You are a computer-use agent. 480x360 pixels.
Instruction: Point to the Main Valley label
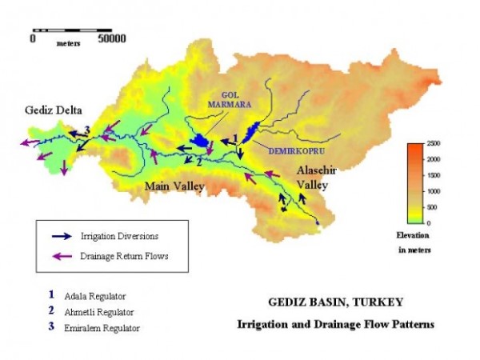pyautogui.click(x=174, y=187)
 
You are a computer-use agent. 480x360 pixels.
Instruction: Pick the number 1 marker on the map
pyautogui.click(x=234, y=137)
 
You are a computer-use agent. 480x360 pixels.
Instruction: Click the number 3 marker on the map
pyautogui.click(x=86, y=131)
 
